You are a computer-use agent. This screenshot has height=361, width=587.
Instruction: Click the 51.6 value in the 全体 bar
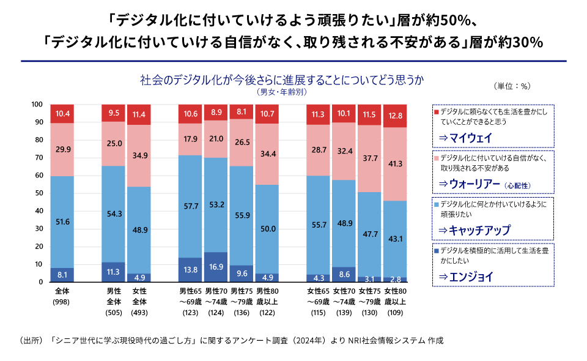click(x=62, y=221)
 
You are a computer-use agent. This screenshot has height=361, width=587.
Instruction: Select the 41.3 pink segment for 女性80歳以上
click(x=395, y=164)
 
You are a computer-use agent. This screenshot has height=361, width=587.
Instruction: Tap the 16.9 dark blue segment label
click(x=215, y=267)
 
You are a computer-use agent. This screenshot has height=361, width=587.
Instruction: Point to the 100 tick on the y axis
click(x=38, y=105)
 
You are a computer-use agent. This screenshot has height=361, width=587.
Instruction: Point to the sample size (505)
click(x=114, y=312)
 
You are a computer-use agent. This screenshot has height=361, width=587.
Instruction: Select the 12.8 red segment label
click(x=395, y=116)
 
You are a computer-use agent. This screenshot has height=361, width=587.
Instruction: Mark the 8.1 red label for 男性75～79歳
click(x=242, y=112)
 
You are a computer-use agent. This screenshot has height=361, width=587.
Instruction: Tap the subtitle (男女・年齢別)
click(x=282, y=92)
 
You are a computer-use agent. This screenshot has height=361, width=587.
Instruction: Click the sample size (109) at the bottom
click(x=395, y=312)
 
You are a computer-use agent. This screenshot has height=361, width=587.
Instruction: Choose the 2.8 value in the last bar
click(x=395, y=279)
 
